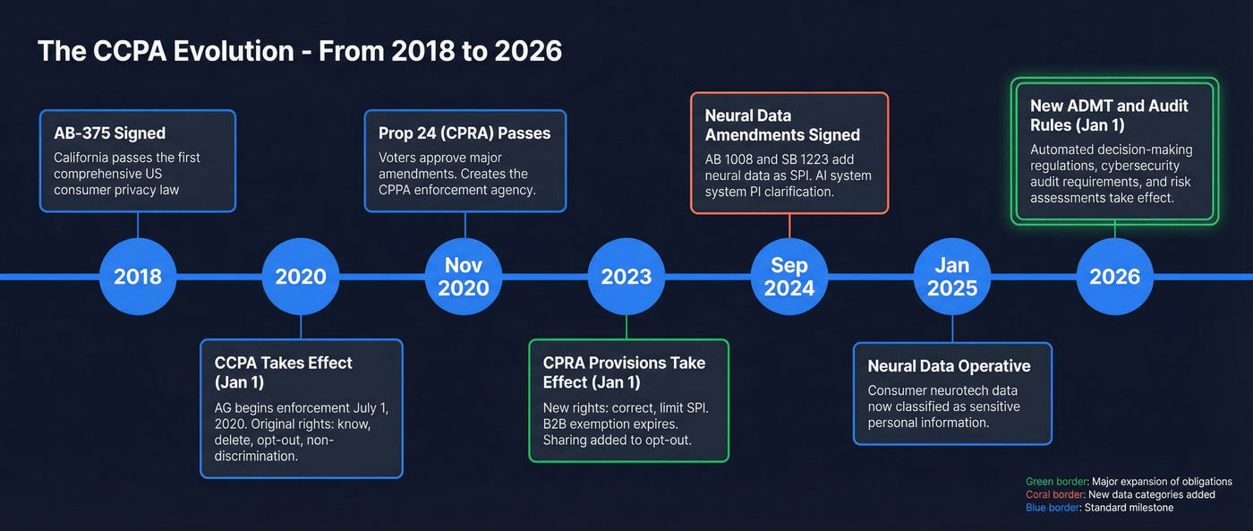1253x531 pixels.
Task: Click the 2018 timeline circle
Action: (x=138, y=276)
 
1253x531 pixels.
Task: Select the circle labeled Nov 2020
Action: (x=464, y=276)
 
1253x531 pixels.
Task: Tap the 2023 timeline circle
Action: (x=626, y=276)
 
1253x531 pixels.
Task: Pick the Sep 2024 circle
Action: (x=789, y=276)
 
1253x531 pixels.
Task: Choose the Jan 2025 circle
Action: (x=952, y=276)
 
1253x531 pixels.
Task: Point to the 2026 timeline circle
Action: (x=1115, y=276)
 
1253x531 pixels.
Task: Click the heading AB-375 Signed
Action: (x=109, y=133)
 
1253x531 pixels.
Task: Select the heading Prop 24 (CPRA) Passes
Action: (x=465, y=133)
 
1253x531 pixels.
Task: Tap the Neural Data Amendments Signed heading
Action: (x=782, y=125)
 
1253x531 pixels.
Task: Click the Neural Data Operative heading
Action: (x=949, y=365)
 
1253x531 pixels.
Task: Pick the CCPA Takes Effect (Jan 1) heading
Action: (x=284, y=372)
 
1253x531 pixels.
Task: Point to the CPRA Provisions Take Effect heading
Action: (x=624, y=372)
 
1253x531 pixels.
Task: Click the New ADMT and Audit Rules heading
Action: (x=1109, y=116)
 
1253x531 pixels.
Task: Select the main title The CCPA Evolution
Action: (x=300, y=51)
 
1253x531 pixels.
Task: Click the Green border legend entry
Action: (x=1129, y=482)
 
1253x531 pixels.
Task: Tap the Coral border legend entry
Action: (x=1120, y=494)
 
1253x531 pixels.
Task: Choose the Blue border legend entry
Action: (x=1099, y=508)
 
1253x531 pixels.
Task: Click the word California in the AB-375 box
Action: (x=82, y=158)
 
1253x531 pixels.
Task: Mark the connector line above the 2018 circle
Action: (x=138, y=226)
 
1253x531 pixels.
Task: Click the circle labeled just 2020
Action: (x=301, y=276)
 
